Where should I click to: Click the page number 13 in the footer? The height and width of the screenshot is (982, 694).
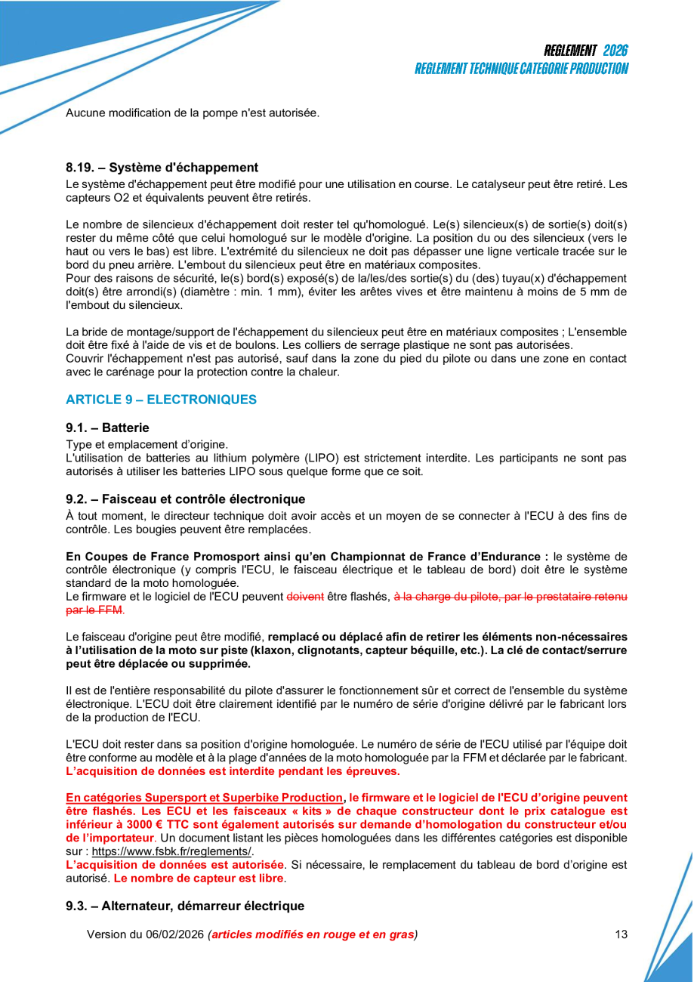[x=621, y=934]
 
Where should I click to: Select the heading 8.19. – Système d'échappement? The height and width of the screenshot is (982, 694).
[x=162, y=168]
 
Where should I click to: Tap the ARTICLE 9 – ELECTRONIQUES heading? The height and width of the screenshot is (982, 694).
[x=161, y=400]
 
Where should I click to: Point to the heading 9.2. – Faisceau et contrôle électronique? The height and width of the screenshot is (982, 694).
[x=185, y=499]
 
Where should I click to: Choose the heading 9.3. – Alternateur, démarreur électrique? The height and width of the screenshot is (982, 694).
[x=184, y=906]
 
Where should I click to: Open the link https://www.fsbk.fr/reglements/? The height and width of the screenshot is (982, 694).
[x=171, y=851]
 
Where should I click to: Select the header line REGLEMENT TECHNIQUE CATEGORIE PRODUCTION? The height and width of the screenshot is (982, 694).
[x=521, y=69]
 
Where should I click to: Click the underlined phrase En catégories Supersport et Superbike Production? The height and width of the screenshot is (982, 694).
[x=204, y=798]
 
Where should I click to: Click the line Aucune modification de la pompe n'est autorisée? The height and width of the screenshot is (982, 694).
[x=193, y=113]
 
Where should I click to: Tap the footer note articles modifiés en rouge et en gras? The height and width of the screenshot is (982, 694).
[x=313, y=934]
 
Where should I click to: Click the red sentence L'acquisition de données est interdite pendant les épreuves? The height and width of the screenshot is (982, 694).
[x=233, y=771]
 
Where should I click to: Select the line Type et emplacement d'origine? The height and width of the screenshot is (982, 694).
[x=147, y=444]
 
